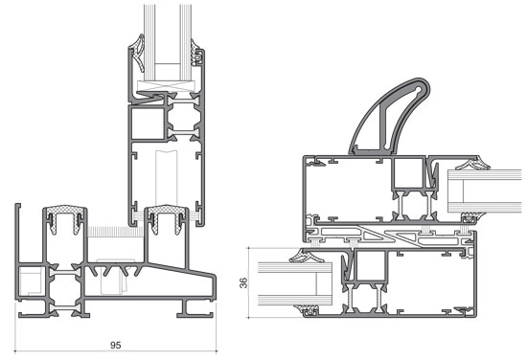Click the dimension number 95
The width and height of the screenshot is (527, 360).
[x=115, y=345]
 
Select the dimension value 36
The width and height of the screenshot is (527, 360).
[x=243, y=282]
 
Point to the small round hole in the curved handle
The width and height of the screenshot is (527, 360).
[x=418, y=90]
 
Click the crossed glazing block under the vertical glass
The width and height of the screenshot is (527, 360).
[x=166, y=86]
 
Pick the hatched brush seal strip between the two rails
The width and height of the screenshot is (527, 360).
[x=115, y=232]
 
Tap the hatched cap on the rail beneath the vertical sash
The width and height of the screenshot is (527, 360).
[x=167, y=211]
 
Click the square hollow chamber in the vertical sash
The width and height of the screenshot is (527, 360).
[x=148, y=124]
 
